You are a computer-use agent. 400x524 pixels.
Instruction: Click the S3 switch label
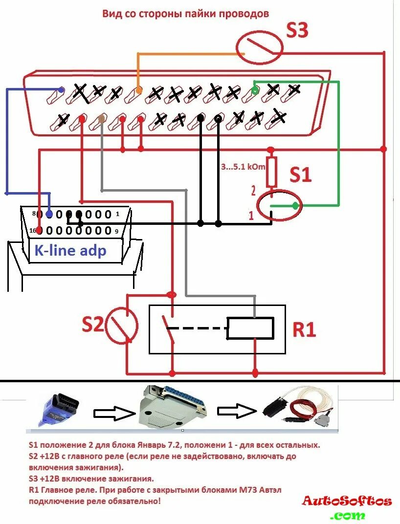[x=297, y=30]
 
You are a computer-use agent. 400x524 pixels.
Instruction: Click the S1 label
[x=300, y=175]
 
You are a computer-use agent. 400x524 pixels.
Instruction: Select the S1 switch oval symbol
[x=279, y=205]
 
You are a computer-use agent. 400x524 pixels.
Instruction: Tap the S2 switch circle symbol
[x=122, y=326]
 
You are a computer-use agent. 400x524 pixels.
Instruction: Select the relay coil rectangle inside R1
[x=250, y=328]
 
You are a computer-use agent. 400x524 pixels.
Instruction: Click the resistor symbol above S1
[x=271, y=172]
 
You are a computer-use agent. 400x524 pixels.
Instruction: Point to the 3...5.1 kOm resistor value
[x=243, y=167]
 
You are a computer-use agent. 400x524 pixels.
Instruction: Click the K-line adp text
[x=70, y=251]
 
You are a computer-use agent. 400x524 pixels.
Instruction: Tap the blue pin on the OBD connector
[x=49, y=214]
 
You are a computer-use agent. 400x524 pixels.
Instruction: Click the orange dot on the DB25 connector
[x=139, y=90]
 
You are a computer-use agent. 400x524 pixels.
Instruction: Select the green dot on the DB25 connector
[x=254, y=90]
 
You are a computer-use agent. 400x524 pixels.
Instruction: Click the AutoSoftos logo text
[x=347, y=501]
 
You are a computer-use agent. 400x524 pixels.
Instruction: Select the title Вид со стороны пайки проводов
[x=186, y=14]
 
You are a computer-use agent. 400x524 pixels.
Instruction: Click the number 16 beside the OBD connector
[x=33, y=230]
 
